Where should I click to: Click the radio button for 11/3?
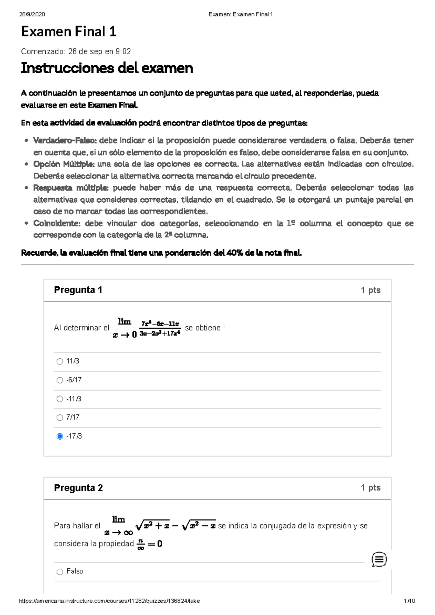coord(60,361)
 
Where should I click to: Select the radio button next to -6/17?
coord(60,380)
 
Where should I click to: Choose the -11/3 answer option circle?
coord(60,399)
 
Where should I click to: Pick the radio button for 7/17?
coord(60,417)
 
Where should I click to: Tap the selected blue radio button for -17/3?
coord(60,436)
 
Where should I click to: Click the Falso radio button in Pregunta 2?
coord(60,572)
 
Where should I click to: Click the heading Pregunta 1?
coord(78,290)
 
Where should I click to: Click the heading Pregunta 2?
coord(78,488)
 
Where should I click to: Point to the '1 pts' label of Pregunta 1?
coord(370,290)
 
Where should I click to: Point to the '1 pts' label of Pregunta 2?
coord(370,488)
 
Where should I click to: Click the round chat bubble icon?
coord(379,560)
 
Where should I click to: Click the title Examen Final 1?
coord(69,32)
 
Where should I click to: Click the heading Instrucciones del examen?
coord(107,68)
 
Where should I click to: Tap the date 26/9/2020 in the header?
coord(32,14)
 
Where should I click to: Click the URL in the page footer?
coord(109,601)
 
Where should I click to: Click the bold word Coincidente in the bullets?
coord(56,223)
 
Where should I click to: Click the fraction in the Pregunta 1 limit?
coord(160,328)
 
